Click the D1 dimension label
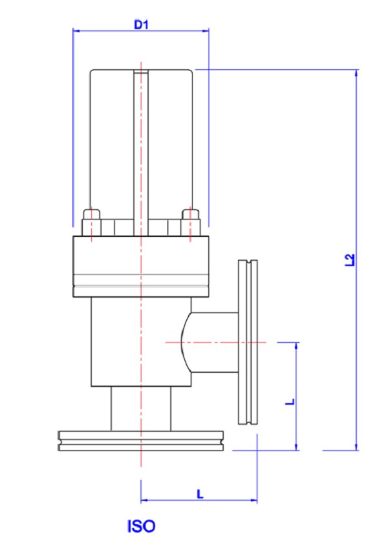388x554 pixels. (141, 25)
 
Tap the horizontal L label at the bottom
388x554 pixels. (200, 493)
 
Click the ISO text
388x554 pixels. (141, 526)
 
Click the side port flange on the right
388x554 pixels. (248, 342)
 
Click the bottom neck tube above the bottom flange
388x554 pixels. (141, 408)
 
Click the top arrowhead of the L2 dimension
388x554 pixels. (356, 72)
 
